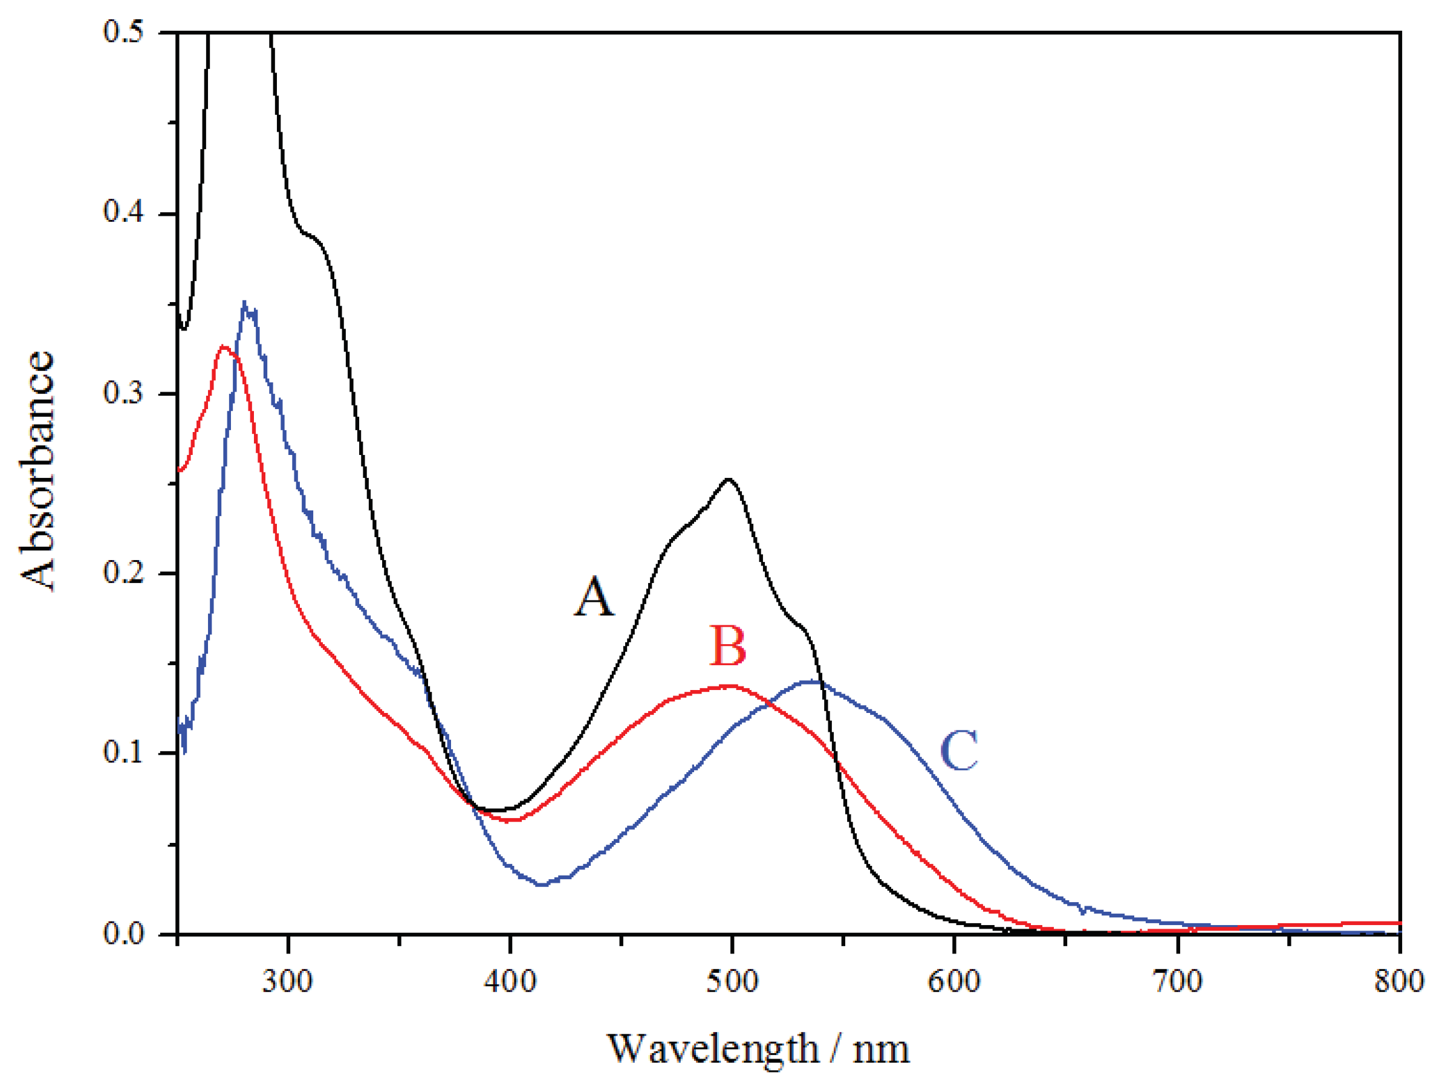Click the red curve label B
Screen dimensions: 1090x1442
tap(727, 646)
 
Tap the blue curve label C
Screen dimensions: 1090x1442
tap(959, 750)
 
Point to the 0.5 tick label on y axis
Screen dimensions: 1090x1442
tap(123, 32)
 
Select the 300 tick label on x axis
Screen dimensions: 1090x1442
tap(287, 981)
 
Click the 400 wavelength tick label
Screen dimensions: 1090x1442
tap(510, 981)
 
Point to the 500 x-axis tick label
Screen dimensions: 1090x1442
tap(733, 981)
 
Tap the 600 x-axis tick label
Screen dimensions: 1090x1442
tap(954, 981)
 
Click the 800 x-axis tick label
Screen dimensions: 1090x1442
tap(1398, 981)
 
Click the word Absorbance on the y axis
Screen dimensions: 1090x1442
tap(37, 471)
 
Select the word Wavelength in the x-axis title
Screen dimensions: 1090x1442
tap(713, 1049)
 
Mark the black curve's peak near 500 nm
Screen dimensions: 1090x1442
tap(729, 480)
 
